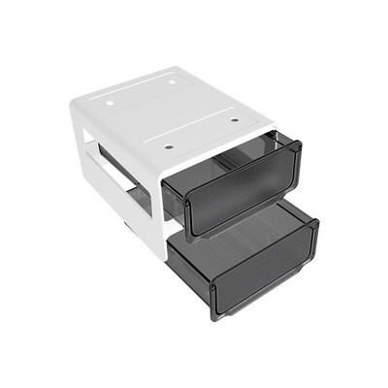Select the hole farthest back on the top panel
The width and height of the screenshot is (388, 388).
(x=173, y=81)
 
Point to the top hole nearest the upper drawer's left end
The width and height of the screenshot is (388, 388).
(x=169, y=146)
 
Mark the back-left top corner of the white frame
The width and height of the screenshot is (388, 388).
(x=76, y=94)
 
